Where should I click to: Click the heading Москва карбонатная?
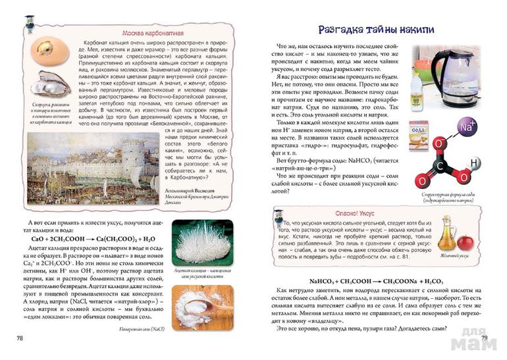click(153, 32)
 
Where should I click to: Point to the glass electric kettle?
click(440, 72)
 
